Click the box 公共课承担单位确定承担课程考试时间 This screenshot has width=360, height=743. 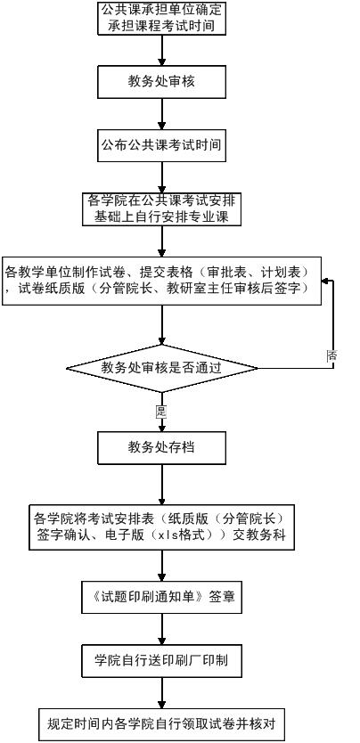[161, 18]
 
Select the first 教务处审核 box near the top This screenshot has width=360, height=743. [161, 81]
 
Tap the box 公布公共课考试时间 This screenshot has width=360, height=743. [161, 145]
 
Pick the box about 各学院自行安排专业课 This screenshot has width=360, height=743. [161, 209]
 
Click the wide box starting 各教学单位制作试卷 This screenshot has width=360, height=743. [161, 281]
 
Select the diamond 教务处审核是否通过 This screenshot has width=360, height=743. [161, 368]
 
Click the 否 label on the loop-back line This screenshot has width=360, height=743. [332, 355]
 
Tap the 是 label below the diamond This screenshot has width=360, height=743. [161, 412]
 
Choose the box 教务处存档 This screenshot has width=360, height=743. [161, 447]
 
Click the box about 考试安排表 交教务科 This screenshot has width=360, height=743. [161, 527]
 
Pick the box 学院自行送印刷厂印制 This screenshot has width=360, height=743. [161, 661]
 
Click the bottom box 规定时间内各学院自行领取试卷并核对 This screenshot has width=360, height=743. [161, 724]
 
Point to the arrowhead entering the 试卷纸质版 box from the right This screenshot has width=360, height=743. [325, 281]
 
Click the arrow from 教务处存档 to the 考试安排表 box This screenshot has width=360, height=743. [161, 484]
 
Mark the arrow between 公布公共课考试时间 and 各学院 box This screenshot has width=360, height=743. [161, 177]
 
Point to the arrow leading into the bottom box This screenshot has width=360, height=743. [161, 693]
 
